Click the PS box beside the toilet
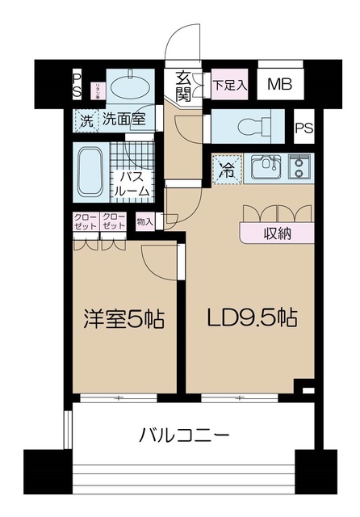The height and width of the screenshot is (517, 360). point(303,127)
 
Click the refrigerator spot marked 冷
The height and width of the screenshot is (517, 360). point(227,170)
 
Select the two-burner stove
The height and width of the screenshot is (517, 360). point(299,168)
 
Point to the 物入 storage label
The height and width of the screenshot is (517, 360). point(145,221)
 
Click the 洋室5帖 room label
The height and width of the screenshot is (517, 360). point(125,320)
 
